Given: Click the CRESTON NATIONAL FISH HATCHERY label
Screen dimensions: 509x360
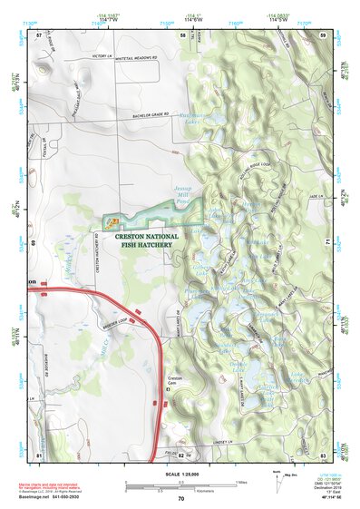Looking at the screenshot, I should pos(146,240).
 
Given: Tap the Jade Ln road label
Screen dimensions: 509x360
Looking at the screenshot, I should pos(314,194).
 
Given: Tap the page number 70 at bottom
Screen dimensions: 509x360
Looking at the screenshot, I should pos(180,499).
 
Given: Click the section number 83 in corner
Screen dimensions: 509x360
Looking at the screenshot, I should pos(323,454).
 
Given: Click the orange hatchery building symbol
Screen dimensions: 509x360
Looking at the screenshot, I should pos(113,220).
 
